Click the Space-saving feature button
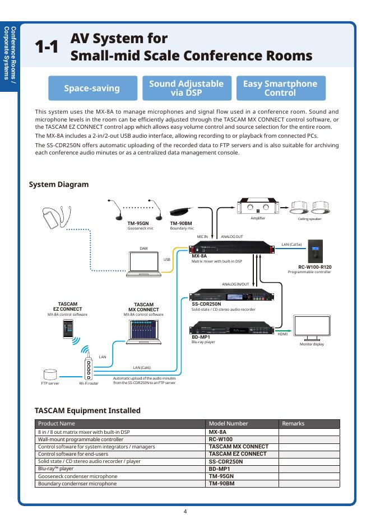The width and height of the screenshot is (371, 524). click(92, 88)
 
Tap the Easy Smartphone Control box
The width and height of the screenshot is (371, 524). click(280, 88)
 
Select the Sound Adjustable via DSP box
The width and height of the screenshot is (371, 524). click(186, 88)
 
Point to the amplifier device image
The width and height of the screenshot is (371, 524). click(258, 207)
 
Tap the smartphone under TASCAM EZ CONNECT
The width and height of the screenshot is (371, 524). click(67, 329)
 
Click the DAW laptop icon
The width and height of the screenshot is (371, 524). click(143, 264)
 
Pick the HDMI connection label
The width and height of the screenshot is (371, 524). click(282, 334)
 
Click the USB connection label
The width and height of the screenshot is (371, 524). click(166, 260)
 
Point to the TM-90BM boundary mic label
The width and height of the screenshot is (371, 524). click(181, 223)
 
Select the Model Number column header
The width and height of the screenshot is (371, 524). click(224, 424)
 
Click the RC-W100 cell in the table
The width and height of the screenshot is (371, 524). click(220, 439)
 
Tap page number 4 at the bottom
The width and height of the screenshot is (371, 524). click(185, 511)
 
